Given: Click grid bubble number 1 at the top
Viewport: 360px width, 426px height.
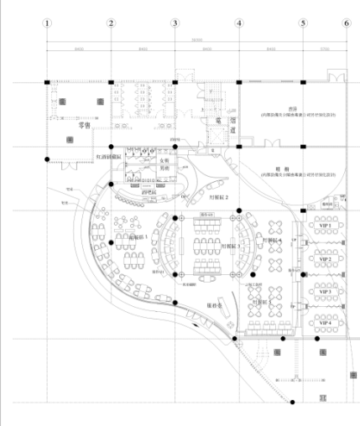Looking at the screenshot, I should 47,23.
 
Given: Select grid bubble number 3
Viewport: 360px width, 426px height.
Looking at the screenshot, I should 175,23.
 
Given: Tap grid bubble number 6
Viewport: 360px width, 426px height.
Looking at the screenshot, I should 345,23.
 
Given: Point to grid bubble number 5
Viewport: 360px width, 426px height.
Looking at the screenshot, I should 302,23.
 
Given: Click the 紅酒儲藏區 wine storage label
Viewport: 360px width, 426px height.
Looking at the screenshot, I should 111,157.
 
